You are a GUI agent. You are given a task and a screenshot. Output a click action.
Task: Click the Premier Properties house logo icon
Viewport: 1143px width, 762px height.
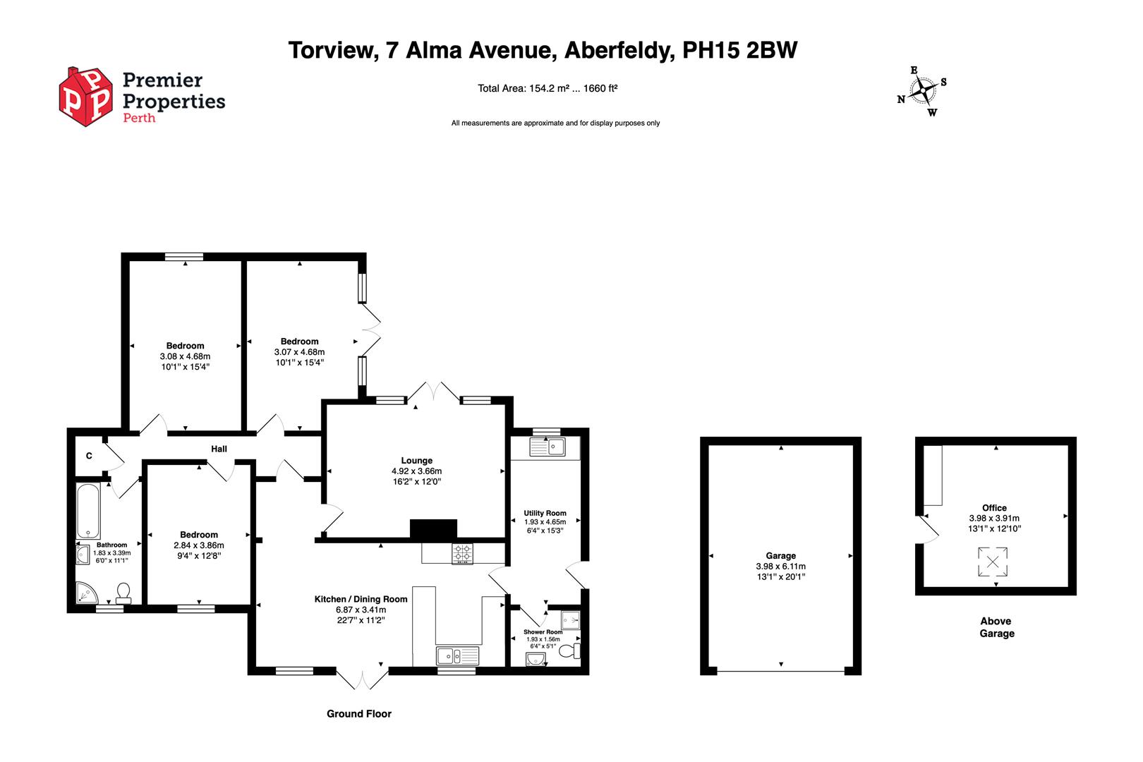pos(85,97)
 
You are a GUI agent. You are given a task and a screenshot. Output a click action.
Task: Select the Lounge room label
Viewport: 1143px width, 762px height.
pos(416,461)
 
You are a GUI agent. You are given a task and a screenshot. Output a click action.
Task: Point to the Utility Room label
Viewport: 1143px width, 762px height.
pos(545,513)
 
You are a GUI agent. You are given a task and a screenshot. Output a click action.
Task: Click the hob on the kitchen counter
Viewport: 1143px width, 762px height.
pos(463,553)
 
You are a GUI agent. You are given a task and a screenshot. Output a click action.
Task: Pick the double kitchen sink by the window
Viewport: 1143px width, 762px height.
pos(457,655)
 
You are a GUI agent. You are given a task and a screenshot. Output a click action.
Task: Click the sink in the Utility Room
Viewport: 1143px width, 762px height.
pos(547,447)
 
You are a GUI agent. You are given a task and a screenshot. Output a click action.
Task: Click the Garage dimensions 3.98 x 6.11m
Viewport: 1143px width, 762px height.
pos(780,567)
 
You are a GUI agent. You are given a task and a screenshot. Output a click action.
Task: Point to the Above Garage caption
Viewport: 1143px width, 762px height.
pos(996,627)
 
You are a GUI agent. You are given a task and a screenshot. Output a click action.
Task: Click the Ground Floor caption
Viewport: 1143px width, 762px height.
pos(358,714)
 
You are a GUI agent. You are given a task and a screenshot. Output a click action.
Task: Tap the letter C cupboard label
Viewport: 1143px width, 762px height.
pos(89,456)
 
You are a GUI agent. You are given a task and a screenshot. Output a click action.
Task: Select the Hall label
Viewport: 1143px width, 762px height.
pos(219,449)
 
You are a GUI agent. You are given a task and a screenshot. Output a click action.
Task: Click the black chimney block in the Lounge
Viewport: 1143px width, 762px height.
pos(433,529)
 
